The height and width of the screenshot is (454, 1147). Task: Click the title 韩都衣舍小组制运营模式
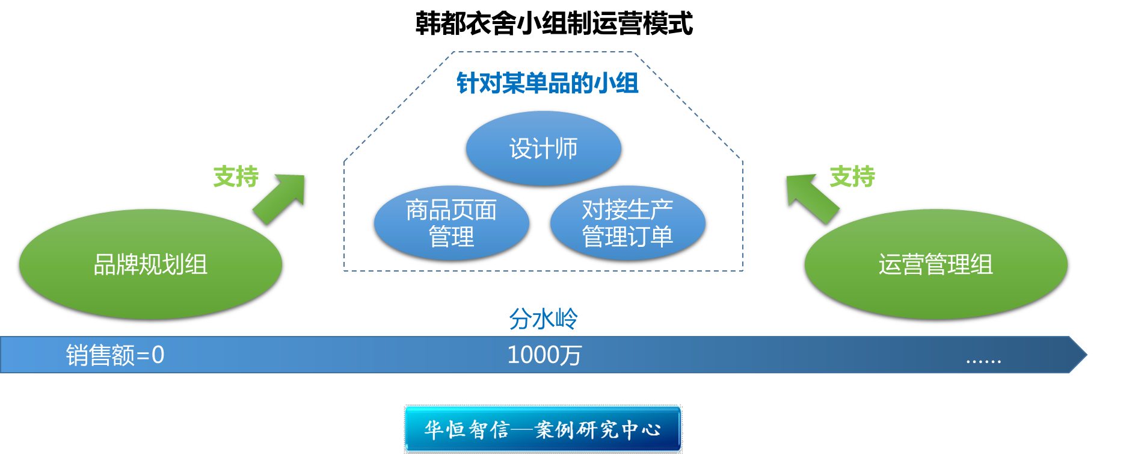(x=554, y=24)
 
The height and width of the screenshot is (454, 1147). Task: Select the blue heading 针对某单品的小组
(x=547, y=83)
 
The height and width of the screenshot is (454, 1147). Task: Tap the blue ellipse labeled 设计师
(x=543, y=149)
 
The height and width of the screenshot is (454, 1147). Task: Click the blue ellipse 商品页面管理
(x=451, y=223)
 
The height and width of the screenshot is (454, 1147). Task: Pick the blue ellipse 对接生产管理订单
(x=627, y=223)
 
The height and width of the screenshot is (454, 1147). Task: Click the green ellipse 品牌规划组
(x=150, y=264)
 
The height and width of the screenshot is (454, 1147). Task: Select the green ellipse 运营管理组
(x=935, y=264)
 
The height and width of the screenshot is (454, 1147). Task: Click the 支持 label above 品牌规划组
(x=236, y=176)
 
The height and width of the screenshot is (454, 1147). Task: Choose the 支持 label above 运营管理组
(x=852, y=176)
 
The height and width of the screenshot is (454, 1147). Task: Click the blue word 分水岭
(x=543, y=319)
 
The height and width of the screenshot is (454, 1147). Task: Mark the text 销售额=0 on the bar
(x=115, y=355)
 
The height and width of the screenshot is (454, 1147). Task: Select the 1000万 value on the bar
(x=544, y=355)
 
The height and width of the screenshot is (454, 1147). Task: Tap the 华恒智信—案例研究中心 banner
(x=543, y=429)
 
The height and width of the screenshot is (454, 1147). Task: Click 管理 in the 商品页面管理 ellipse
(x=451, y=237)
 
